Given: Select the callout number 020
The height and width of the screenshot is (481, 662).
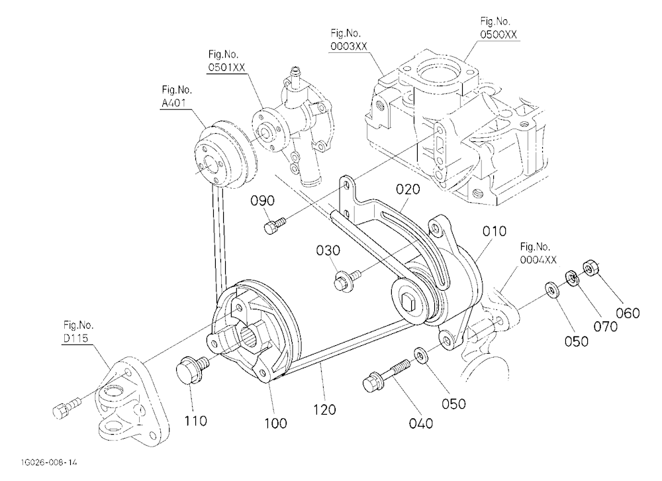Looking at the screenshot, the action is tap(408, 189).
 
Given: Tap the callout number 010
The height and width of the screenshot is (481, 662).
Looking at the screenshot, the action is tap(495, 231).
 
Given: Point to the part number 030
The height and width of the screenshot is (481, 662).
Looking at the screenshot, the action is tap(328, 250).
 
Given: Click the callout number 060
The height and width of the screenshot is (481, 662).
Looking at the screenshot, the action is tap(628, 313).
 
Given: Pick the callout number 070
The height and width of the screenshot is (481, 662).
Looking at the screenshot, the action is tap(606, 327).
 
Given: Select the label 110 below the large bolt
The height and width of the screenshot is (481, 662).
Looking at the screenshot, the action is tap(195, 421).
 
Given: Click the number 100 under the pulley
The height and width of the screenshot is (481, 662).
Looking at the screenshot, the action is tap(275, 423).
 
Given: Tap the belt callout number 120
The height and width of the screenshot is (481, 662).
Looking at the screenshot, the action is tap(324, 409).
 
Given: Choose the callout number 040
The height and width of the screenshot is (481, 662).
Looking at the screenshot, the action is tap(421, 423).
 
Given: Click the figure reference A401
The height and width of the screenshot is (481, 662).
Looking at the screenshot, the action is tap(174, 103).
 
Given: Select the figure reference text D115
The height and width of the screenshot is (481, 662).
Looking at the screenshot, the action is tap(76, 338).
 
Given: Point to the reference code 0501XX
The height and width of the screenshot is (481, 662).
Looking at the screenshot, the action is tap(226, 67).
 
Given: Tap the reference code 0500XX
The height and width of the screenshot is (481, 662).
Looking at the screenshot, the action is tap(498, 34).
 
